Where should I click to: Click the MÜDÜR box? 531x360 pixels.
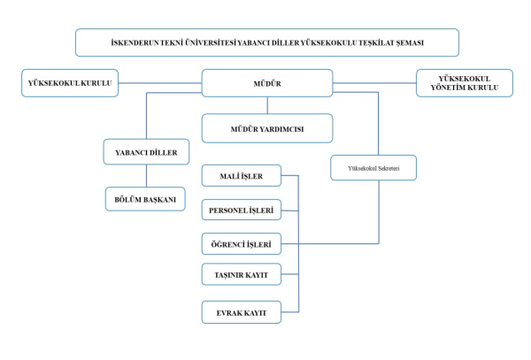point(267,82)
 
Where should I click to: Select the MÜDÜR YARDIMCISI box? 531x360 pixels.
point(267,128)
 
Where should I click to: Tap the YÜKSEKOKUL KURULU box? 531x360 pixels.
point(70,83)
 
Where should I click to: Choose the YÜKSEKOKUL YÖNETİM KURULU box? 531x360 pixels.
point(464,83)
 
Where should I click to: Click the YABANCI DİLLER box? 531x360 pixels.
point(147,152)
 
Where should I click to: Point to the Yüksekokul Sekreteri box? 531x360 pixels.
point(373,167)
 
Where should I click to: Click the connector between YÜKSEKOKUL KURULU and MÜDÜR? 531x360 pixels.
point(160,83)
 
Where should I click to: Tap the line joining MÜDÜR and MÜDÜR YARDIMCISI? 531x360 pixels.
point(267,104)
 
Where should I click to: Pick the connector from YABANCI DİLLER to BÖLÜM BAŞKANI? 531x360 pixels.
point(147,176)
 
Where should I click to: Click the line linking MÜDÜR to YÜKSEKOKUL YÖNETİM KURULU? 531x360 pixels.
point(374,83)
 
